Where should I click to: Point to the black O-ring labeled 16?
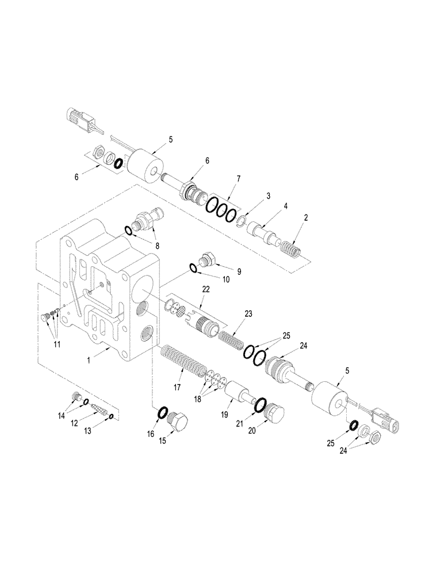pyautogui.click(x=162, y=412)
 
